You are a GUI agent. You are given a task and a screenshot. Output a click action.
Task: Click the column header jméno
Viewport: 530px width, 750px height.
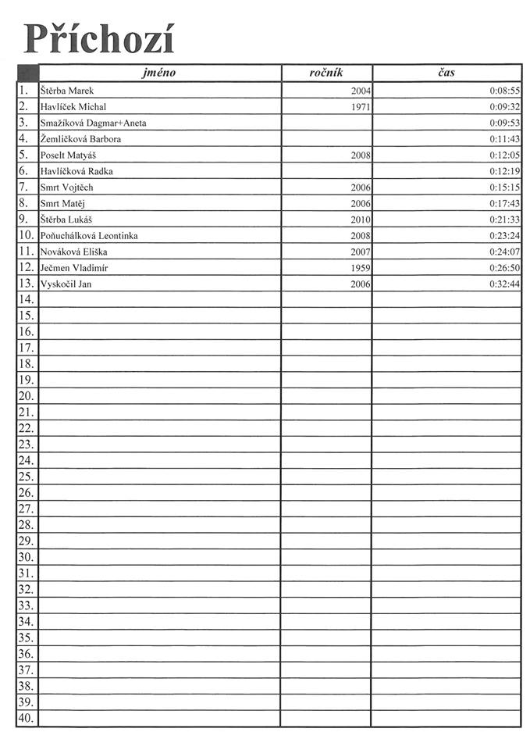point(159,73)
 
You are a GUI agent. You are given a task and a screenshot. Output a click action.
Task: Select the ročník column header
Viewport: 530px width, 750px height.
point(326,73)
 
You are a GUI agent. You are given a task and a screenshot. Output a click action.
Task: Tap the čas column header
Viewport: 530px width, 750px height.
point(446,73)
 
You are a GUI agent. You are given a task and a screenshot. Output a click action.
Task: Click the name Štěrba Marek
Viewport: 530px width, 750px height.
point(67,91)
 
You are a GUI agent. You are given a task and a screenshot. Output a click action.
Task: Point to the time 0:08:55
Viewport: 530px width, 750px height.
point(505,91)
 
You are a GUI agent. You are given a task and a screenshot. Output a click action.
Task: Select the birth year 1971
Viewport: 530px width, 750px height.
point(361,107)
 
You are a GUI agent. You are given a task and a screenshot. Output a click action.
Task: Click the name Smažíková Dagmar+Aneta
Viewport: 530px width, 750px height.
point(93,123)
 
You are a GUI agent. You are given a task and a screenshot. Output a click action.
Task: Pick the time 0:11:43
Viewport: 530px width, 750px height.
point(505,139)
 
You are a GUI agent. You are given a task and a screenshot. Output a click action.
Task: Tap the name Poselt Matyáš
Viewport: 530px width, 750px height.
point(68,155)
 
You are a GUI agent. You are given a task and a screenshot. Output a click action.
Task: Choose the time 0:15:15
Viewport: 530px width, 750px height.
point(505,187)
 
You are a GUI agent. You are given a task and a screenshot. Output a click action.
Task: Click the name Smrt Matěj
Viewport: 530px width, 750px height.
point(63,203)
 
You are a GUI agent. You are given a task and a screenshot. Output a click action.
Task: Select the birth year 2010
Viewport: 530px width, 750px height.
point(361,220)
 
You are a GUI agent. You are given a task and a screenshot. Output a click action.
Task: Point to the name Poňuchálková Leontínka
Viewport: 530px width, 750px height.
point(89,235)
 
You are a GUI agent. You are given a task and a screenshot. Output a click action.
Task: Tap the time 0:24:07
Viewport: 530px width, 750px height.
point(505,252)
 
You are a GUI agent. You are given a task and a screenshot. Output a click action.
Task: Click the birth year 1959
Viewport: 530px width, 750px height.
point(361,268)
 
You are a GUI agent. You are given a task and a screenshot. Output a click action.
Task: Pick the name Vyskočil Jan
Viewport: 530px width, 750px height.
point(66,284)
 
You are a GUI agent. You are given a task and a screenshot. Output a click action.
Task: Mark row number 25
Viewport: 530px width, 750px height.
point(26,477)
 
